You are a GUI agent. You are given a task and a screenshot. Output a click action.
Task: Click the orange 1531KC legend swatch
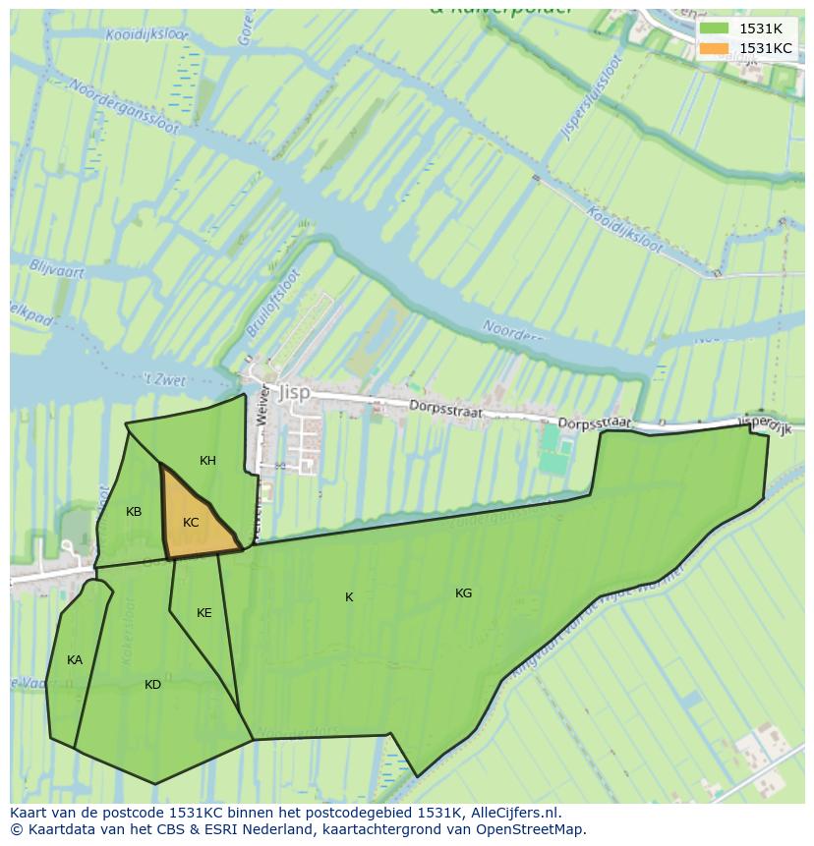click(715, 48)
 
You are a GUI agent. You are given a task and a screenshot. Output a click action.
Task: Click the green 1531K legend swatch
click(715, 28)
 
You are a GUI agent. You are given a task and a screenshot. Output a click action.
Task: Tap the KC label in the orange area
click(191, 523)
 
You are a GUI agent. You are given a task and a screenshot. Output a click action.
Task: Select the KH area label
click(207, 461)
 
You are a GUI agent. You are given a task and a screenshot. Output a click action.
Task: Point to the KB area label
click(134, 512)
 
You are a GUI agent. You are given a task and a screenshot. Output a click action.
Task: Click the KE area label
click(203, 613)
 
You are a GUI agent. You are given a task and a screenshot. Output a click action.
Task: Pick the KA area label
click(75, 660)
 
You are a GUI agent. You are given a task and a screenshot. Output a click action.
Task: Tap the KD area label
click(152, 685)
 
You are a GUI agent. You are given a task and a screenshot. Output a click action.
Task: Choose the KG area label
click(463, 593)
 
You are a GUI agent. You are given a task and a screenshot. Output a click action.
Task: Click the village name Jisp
click(294, 391)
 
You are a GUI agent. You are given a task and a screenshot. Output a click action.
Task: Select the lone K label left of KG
click(349, 597)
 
